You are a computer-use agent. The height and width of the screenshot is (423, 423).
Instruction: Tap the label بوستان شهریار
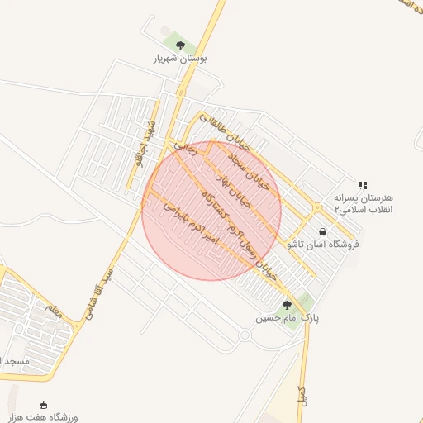point(179,59)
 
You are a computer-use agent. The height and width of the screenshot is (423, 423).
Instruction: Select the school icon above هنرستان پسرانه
point(362,185)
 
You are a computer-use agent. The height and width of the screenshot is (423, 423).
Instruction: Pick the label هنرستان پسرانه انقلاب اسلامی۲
point(364,204)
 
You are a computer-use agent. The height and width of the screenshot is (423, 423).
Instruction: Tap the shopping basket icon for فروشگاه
point(321,232)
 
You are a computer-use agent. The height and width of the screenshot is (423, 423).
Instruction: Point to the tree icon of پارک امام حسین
point(287,304)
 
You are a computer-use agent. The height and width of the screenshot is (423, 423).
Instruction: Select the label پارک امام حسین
point(287,317)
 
